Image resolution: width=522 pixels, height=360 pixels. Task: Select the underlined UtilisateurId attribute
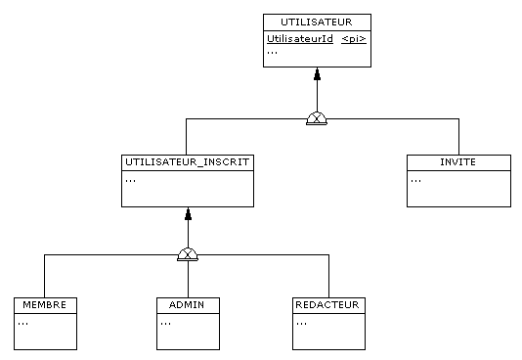tap(299, 39)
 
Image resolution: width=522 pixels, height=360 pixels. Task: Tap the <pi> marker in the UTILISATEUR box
tap(353, 39)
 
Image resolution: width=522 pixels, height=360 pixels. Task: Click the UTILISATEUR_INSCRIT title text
tap(187, 160)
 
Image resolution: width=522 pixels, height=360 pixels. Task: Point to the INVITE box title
tap(457, 161)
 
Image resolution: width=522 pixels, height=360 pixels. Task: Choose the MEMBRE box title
tap(44, 304)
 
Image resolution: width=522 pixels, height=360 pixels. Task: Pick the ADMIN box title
tap(188, 304)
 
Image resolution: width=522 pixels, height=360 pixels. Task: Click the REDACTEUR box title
tap(327, 304)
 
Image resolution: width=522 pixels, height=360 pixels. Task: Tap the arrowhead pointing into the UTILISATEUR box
tap(317, 74)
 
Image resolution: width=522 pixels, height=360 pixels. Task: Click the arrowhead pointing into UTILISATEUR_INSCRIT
tap(188, 214)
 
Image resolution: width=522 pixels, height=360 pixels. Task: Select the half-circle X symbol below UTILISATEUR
tap(317, 119)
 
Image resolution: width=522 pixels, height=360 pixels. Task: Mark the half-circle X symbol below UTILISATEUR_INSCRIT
tap(188, 255)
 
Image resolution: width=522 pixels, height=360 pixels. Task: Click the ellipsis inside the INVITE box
tap(415, 180)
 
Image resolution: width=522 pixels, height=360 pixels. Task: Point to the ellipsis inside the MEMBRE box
tap(22, 322)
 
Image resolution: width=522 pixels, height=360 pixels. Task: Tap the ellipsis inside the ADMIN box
tap(165, 322)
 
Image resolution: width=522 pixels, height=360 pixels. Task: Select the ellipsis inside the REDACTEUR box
tap(300, 322)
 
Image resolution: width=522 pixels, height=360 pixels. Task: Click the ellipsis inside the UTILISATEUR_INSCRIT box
tap(130, 180)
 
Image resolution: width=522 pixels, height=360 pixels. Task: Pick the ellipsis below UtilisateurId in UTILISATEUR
tap(272, 53)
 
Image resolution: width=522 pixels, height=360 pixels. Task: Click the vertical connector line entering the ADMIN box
tap(188, 280)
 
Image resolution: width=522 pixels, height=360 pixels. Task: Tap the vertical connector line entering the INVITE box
tap(457, 138)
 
